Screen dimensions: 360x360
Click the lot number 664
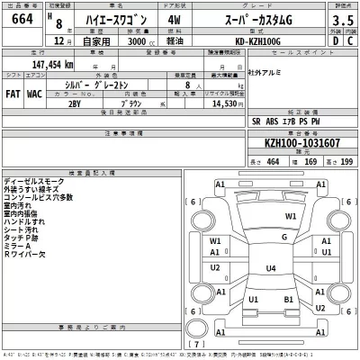click(x=19, y=22)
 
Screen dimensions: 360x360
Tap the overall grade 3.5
click(x=340, y=22)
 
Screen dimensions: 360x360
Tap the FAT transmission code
click(x=13, y=93)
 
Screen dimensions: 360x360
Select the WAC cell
click(x=35, y=93)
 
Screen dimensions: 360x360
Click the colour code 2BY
click(x=74, y=104)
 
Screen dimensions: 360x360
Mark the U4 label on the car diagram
click(x=271, y=268)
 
